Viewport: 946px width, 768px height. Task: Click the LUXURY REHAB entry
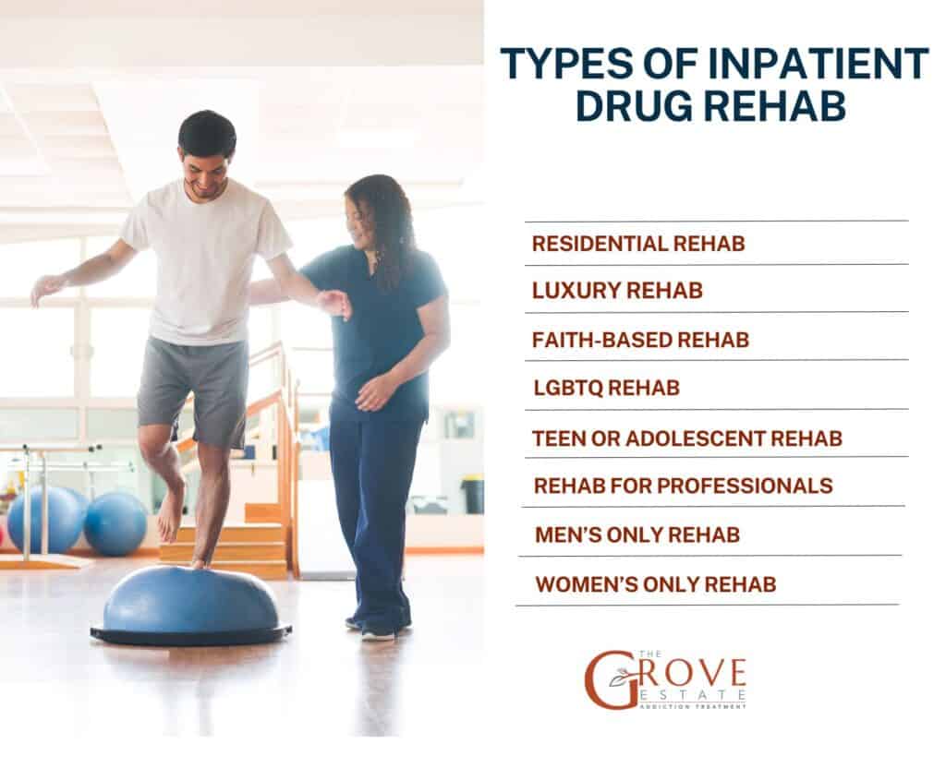[x=617, y=291]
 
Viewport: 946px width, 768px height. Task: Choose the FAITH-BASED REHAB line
[x=640, y=340]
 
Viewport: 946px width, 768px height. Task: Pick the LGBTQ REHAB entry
[x=606, y=389]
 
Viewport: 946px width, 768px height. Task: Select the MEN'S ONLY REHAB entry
[x=637, y=535]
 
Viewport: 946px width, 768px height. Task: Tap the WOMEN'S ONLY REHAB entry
[x=656, y=584]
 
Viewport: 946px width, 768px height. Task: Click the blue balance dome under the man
[x=190, y=600]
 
